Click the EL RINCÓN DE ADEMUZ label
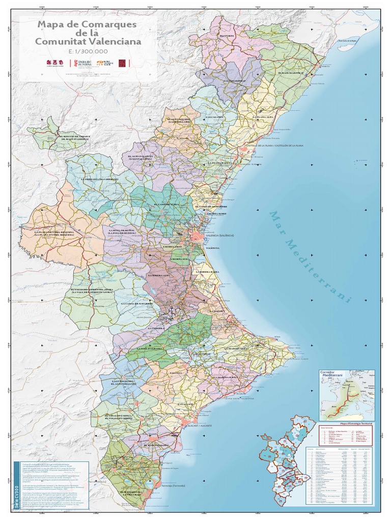[75, 138]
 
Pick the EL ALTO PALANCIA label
[141, 158]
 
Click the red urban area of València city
[198, 236]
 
